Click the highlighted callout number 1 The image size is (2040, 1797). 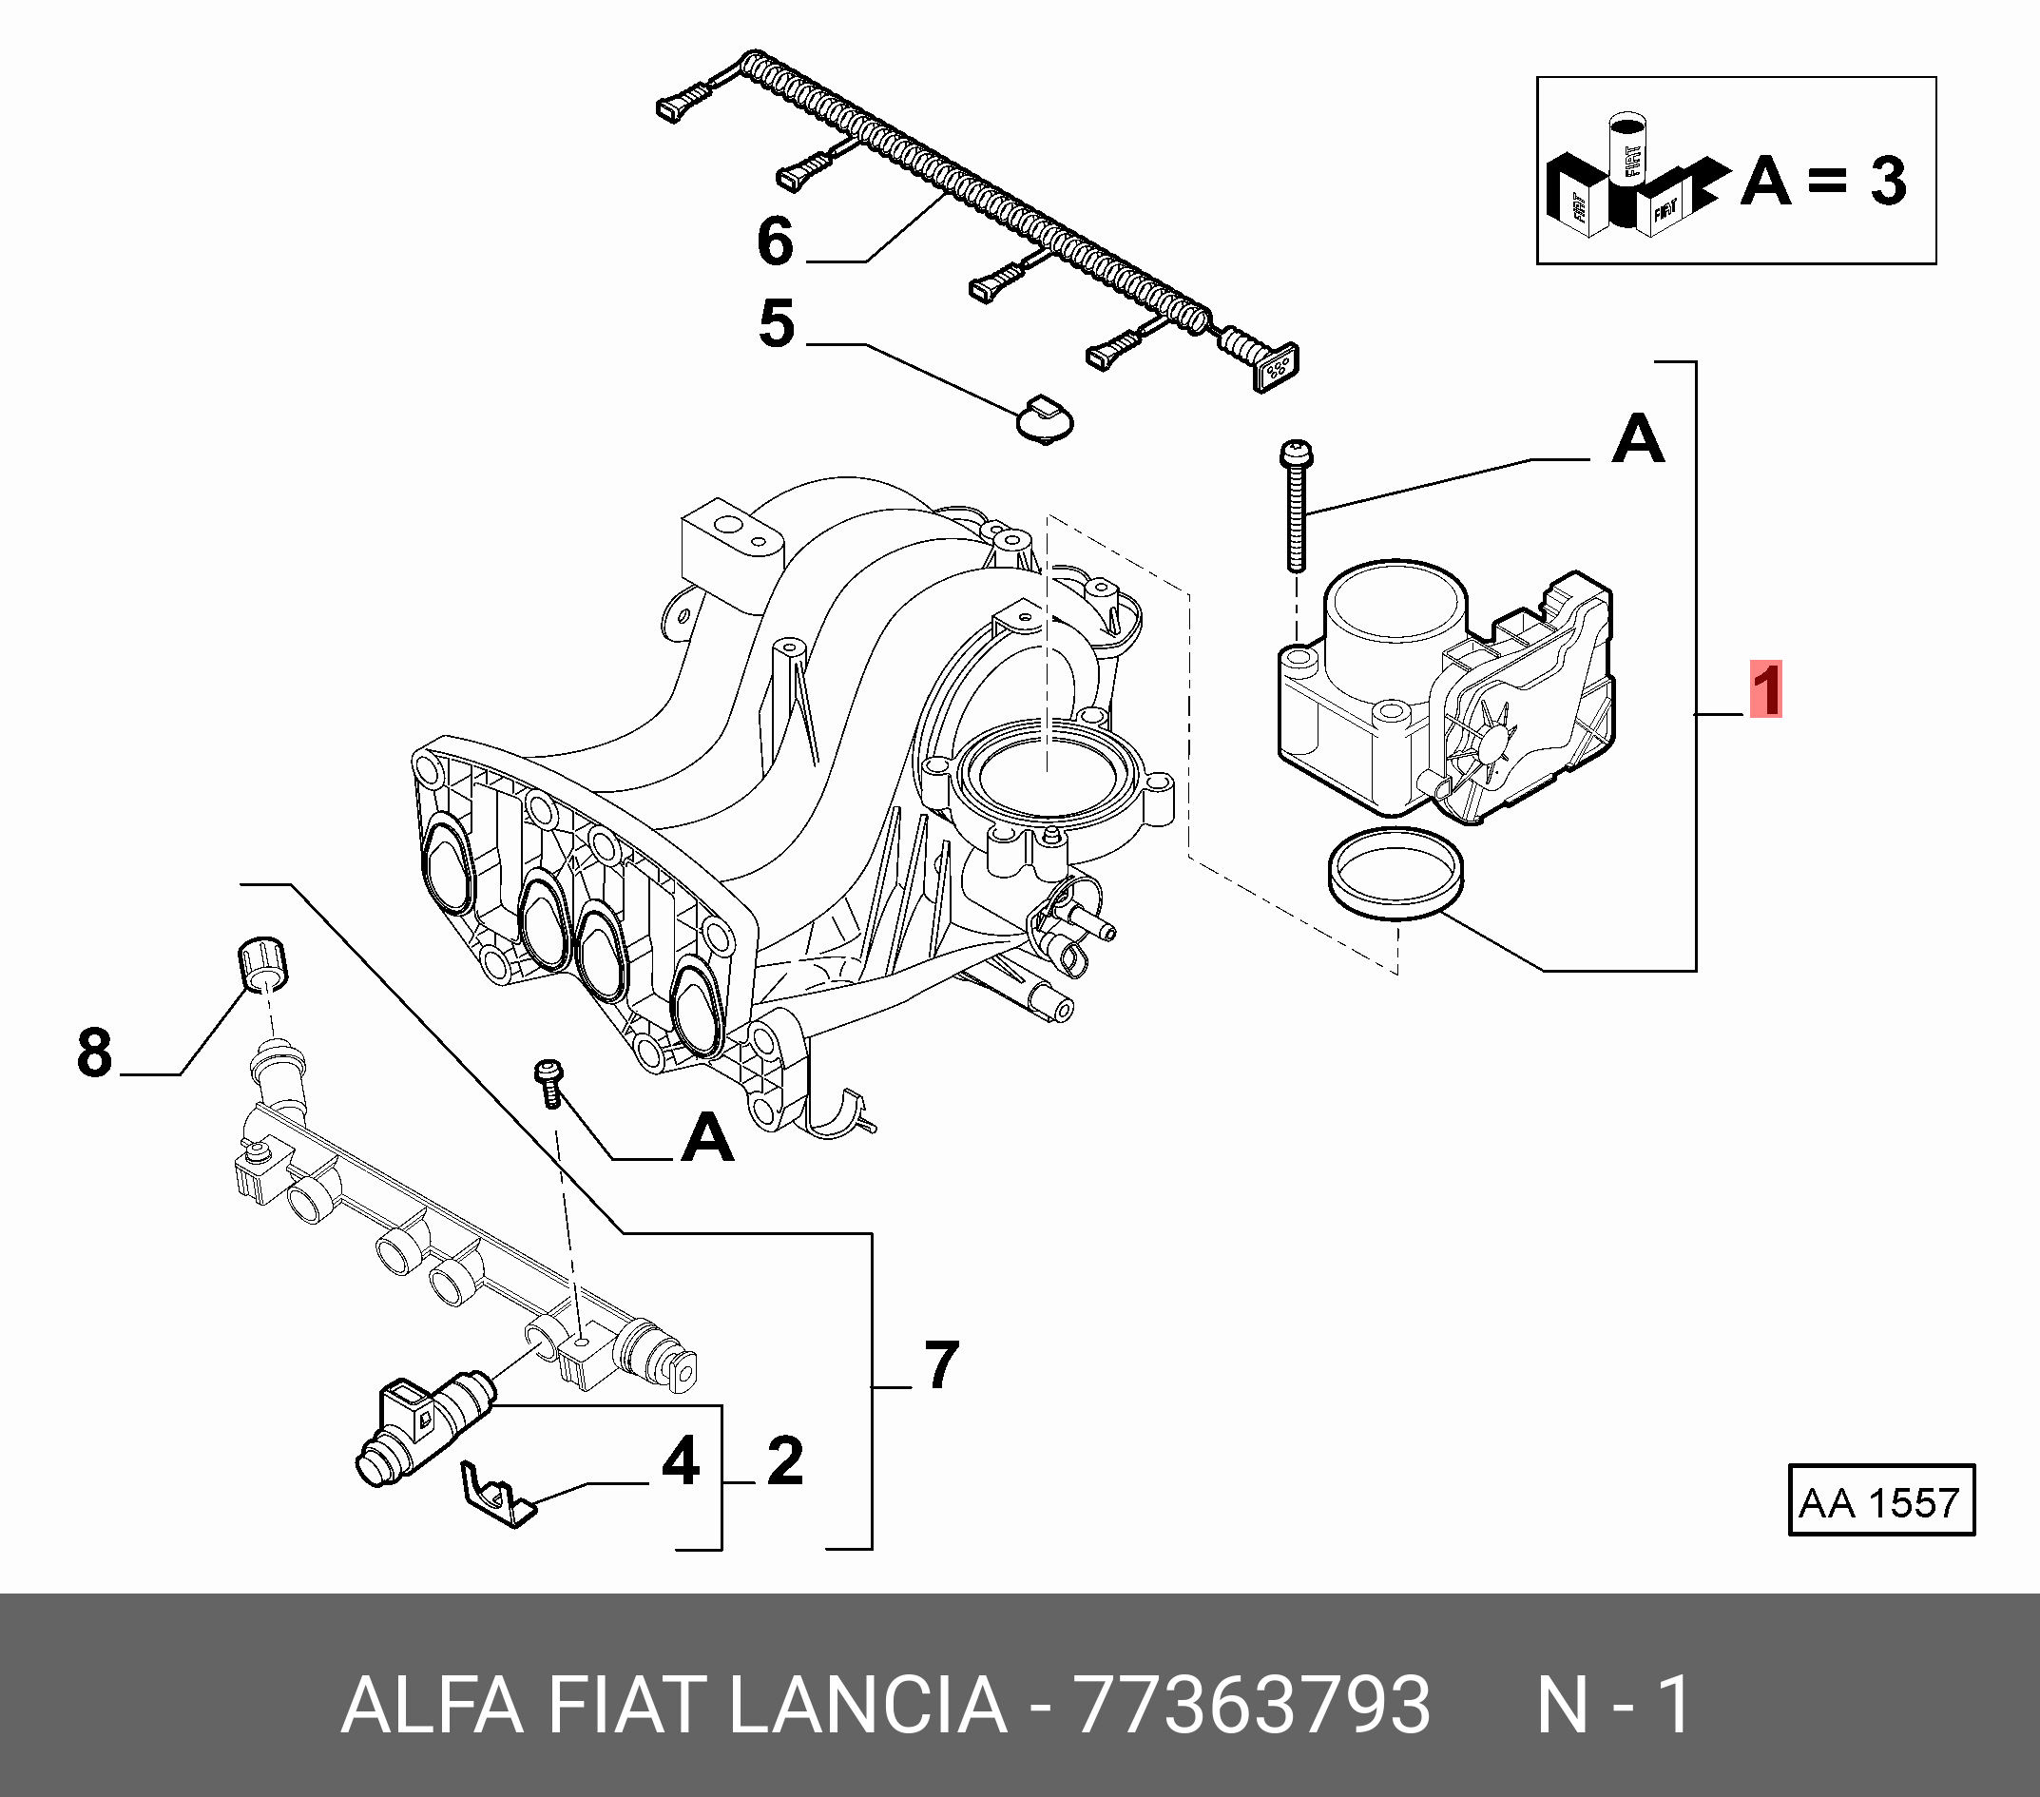(x=1765, y=690)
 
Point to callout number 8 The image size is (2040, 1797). (x=95, y=1053)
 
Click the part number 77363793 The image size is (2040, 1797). (x=1251, y=1705)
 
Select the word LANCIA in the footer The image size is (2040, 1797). (x=867, y=1705)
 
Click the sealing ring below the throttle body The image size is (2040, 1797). (x=1397, y=874)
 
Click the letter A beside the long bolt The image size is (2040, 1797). (x=1638, y=439)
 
